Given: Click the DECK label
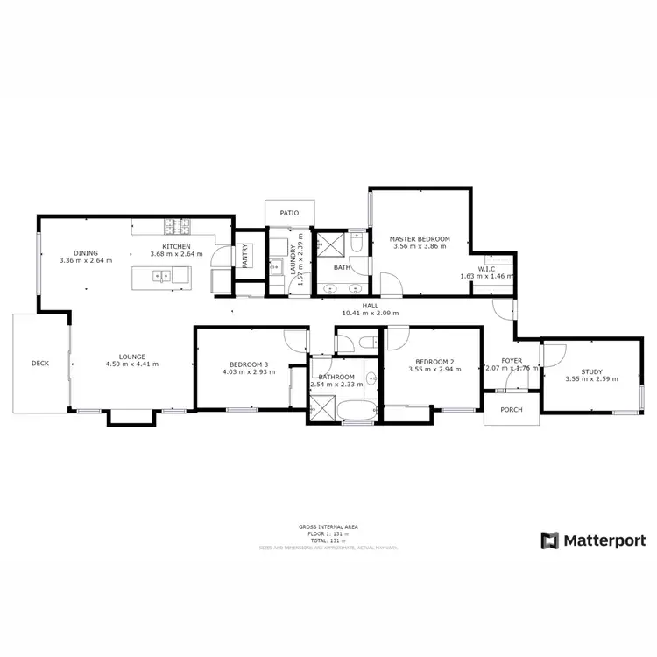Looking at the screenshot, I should tap(40, 363).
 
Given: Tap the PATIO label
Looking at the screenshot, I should tap(289, 213).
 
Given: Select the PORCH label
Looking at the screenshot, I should tap(511, 410).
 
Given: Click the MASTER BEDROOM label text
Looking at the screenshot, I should tap(420, 239).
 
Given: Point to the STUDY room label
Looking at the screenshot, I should tap(591, 371).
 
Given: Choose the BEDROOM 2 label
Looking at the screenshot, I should tap(434, 362).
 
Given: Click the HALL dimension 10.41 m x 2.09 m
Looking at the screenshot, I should tap(370, 313).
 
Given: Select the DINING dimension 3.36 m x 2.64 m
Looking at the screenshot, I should tap(86, 260).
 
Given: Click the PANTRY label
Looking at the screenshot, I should tap(245, 255).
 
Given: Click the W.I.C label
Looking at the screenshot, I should tap(488, 268).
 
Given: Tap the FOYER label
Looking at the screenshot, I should tap(512, 360).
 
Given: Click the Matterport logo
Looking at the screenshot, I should tap(593, 540).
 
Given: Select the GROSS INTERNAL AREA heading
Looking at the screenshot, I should tap(328, 526).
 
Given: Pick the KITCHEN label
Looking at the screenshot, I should tap(176, 246).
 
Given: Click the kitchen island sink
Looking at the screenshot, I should tap(162, 276).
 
